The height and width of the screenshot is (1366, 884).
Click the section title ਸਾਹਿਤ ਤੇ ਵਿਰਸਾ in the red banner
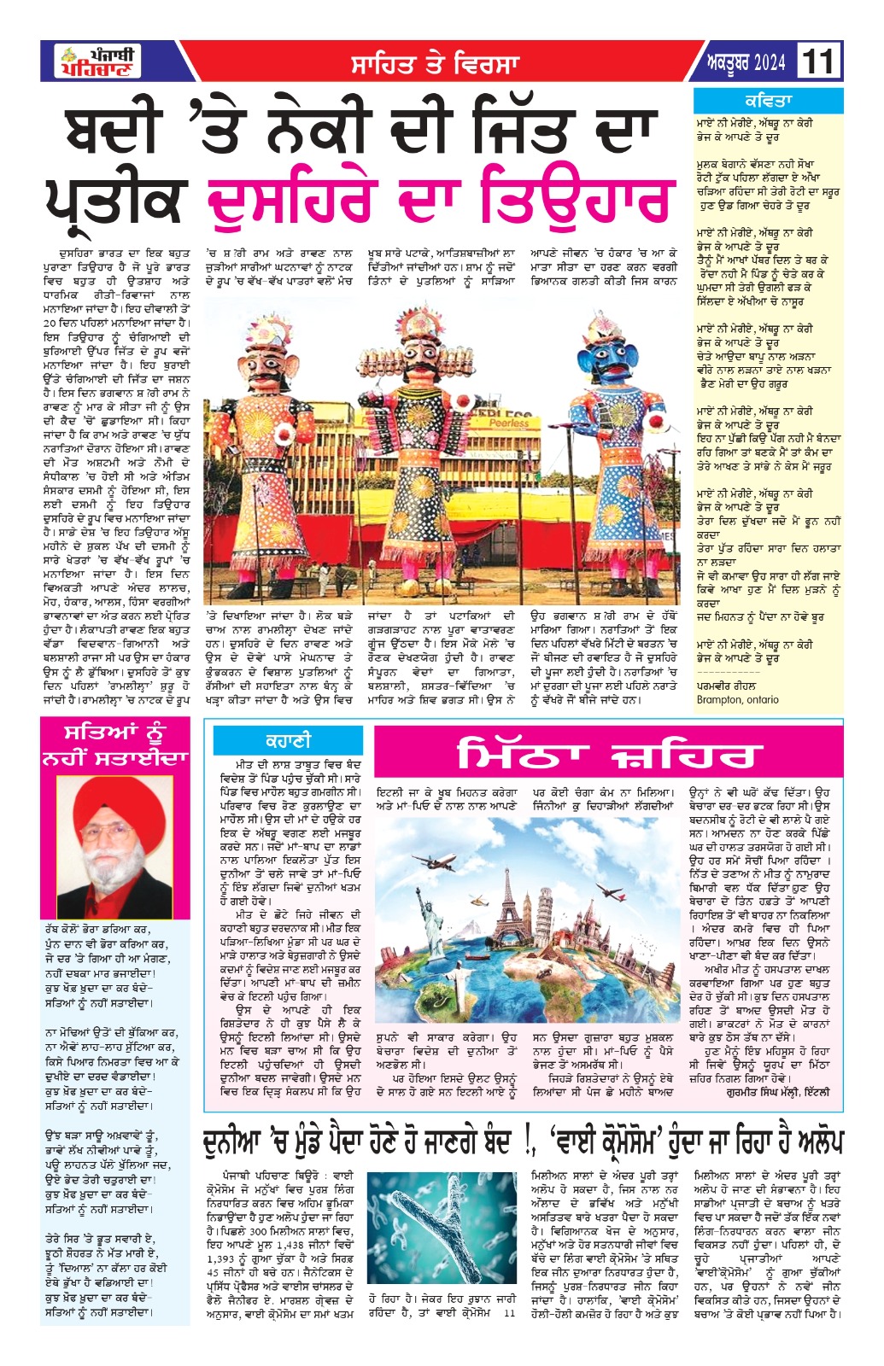tap(435, 64)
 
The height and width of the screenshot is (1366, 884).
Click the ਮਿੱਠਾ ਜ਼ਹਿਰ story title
tap(607, 754)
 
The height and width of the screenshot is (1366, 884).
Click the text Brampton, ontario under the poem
tap(737, 699)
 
